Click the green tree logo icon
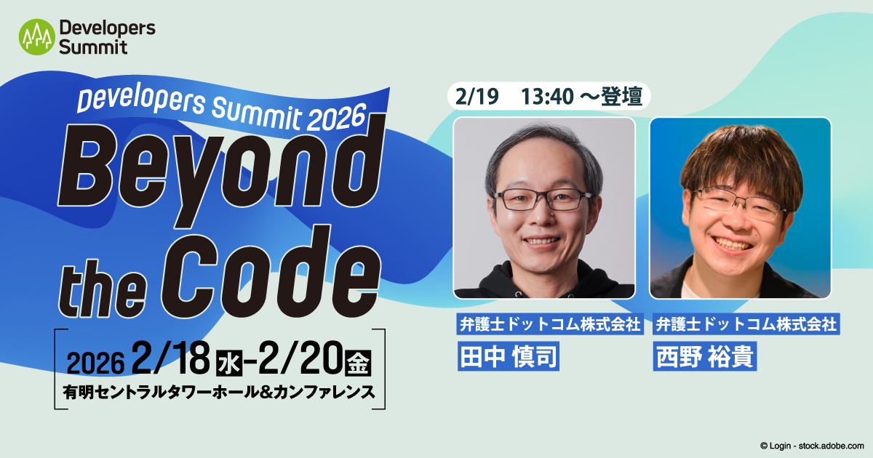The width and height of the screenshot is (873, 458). (37, 37)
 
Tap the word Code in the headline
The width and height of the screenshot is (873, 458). (271, 272)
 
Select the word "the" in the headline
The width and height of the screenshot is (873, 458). (103, 289)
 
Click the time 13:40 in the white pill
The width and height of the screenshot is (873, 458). (547, 97)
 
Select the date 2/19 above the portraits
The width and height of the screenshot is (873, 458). (477, 97)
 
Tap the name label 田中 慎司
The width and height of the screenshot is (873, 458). (509, 356)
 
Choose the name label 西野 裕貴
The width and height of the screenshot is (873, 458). (705, 356)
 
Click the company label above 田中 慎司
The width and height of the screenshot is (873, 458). (550, 324)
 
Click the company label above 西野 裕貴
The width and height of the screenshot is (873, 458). (746, 324)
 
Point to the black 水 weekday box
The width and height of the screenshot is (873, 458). (229, 363)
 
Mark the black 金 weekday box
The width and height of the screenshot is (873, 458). (358, 363)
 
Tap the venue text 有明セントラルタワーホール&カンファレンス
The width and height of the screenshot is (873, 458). (219, 392)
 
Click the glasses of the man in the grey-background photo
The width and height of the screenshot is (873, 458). (544, 199)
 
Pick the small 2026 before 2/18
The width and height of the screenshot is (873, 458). (95, 363)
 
